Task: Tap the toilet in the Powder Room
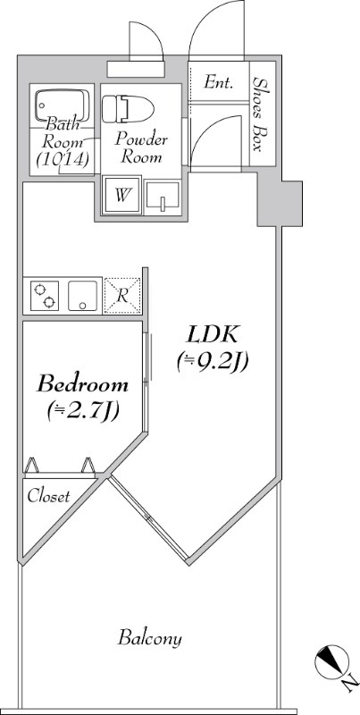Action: click(128, 109)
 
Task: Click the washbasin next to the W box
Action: click(162, 196)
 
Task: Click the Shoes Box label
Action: click(261, 114)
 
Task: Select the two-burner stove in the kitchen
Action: click(44, 295)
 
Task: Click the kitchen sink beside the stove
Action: click(82, 295)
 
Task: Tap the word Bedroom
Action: click(82, 385)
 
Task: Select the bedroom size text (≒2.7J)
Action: click(82, 410)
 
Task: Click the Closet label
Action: click(48, 496)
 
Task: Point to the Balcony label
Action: click(150, 638)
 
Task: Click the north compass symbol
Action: click(329, 662)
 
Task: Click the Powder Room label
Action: click(141, 147)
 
